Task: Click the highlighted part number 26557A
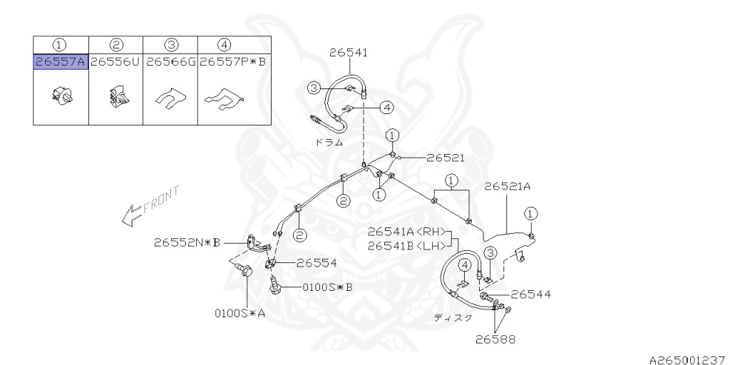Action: click(61, 62)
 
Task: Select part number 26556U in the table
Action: click(115, 62)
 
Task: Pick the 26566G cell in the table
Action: click(170, 62)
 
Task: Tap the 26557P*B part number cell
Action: click(233, 62)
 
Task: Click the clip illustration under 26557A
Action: click(61, 93)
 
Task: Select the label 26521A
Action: click(508, 186)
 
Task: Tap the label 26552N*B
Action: click(187, 242)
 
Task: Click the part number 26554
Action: click(317, 262)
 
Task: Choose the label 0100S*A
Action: click(240, 312)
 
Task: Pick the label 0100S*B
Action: click(327, 287)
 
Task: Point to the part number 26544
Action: click(530, 294)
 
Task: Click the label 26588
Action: click(496, 339)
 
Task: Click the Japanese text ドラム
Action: click(329, 143)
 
